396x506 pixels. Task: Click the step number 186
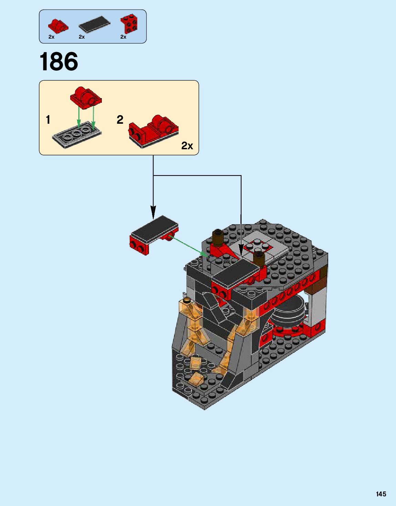click(x=59, y=62)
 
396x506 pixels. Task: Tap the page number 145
click(x=381, y=494)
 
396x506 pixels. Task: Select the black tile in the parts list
click(x=95, y=24)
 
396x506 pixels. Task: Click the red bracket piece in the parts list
click(x=129, y=24)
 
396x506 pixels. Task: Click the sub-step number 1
click(x=48, y=120)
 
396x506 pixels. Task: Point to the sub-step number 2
click(x=120, y=120)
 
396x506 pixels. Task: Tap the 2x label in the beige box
click(x=187, y=146)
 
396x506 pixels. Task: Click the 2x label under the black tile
click(x=82, y=37)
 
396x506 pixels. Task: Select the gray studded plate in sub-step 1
click(x=77, y=135)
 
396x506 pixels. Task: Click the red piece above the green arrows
click(x=86, y=96)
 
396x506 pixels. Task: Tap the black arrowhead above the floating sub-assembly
click(x=153, y=212)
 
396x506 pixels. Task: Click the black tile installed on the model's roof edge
click(x=236, y=272)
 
